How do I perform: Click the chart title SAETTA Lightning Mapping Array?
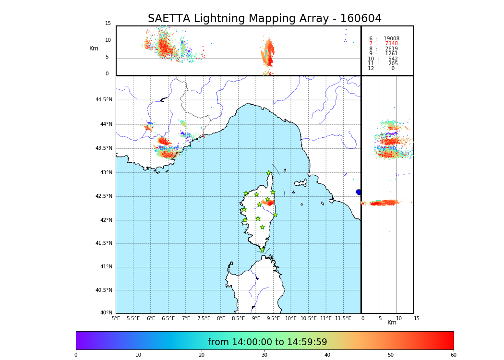pos(264,19)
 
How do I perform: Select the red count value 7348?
pos(391,44)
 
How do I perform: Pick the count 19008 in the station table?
pos(391,39)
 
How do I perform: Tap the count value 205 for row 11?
pos(393,64)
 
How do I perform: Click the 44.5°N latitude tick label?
pos(103,100)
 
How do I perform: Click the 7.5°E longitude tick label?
pos(204,318)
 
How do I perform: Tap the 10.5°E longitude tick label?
pos(308,318)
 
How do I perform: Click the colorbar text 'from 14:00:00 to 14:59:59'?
pos(267,342)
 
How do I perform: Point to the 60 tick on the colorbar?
pos(453,355)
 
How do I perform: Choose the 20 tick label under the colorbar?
pos(202,355)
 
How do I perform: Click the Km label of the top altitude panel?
pos(94,48)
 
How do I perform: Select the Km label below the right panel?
pos(392,323)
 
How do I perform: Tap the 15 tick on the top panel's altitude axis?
pos(108,24)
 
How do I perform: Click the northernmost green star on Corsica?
pos(269,173)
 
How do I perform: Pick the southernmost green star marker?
pos(262,250)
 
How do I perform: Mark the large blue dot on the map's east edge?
pos(359,192)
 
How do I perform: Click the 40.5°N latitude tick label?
pos(103,290)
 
